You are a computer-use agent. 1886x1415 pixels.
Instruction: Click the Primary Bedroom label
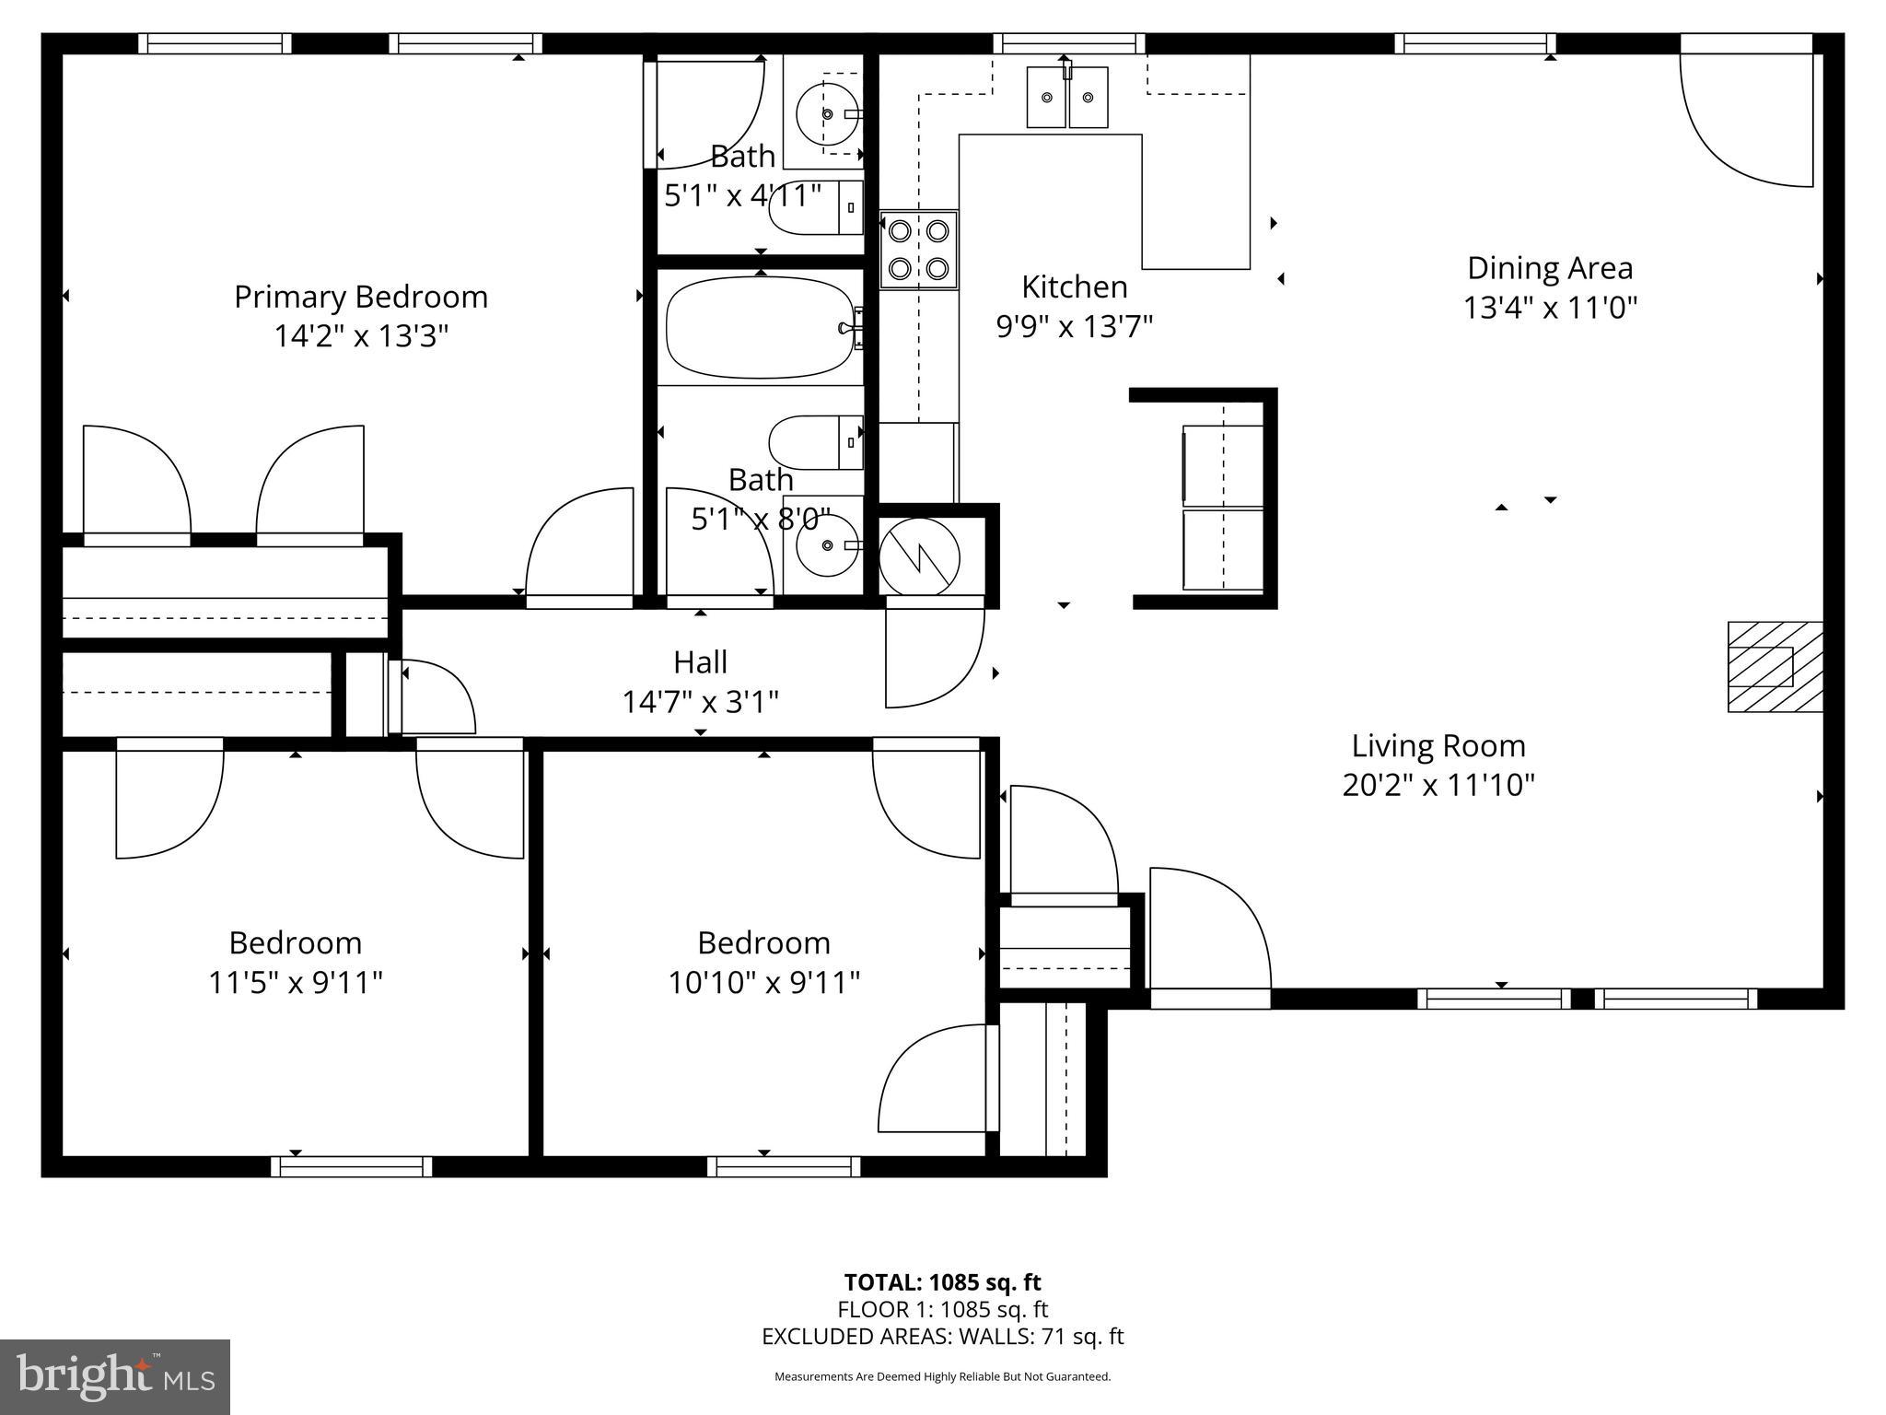(x=360, y=297)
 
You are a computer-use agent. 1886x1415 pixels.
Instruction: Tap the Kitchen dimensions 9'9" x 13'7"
(x=1074, y=326)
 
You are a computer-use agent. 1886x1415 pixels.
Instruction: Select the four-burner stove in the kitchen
(x=918, y=250)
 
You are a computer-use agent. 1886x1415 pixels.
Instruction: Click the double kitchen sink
(x=1067, y=97)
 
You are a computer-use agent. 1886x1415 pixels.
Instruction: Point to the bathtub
(x=760, y=327)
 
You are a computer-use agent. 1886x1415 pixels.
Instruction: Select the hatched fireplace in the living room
(x=1774, y=667)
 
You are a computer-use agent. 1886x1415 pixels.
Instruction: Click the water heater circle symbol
(x=919, y=557)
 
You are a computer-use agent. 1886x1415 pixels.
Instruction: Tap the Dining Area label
(x=1549, y=268)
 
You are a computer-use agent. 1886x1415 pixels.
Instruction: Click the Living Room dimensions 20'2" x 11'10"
(x=1438, y=786)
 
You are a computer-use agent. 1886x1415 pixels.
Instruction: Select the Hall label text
(x=700, y=662)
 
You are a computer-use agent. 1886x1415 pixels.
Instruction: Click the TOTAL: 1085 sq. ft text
(x=942, y=1282)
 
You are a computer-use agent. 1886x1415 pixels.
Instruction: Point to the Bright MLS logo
(x=115, y=1376)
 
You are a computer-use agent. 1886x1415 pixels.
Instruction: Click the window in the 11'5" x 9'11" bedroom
(x=351, y=1167)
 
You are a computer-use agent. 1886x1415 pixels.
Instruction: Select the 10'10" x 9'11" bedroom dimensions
(x=763, y=983)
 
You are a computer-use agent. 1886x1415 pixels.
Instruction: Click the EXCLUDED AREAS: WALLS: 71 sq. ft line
(x=942, y=1336)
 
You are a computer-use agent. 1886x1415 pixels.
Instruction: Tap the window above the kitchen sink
(x=1068, y=43)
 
